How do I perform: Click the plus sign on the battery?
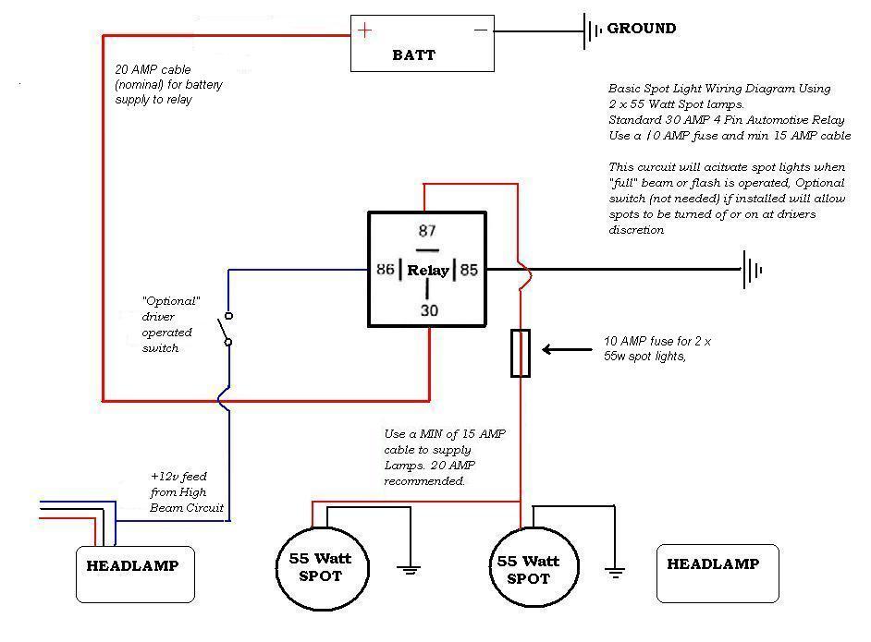pos(364,30)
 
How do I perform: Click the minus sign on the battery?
pos(481,30)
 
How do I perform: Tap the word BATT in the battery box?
pos(414,55)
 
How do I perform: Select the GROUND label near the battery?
pos(642,29)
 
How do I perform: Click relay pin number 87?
pos(427,231)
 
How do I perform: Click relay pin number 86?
pos(385,269)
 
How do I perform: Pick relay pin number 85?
pos(469,270)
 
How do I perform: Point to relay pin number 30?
pos(429,310)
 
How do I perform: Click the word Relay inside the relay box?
pos(428,271)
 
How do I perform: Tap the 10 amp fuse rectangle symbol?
pos(521,354)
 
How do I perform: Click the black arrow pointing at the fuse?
pos(567,349)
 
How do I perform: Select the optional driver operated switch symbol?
pos(227,329)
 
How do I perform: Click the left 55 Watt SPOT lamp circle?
pos(322,568)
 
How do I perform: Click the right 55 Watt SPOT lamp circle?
pos(534,567)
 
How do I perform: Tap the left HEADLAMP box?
pos(136,575)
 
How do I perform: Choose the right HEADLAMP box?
pos(718,574)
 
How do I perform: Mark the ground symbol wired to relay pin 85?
pos(752,271)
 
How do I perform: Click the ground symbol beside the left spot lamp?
pos(409,569)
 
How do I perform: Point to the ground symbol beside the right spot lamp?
pos(615,573)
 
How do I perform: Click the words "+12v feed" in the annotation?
pos(178,477)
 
